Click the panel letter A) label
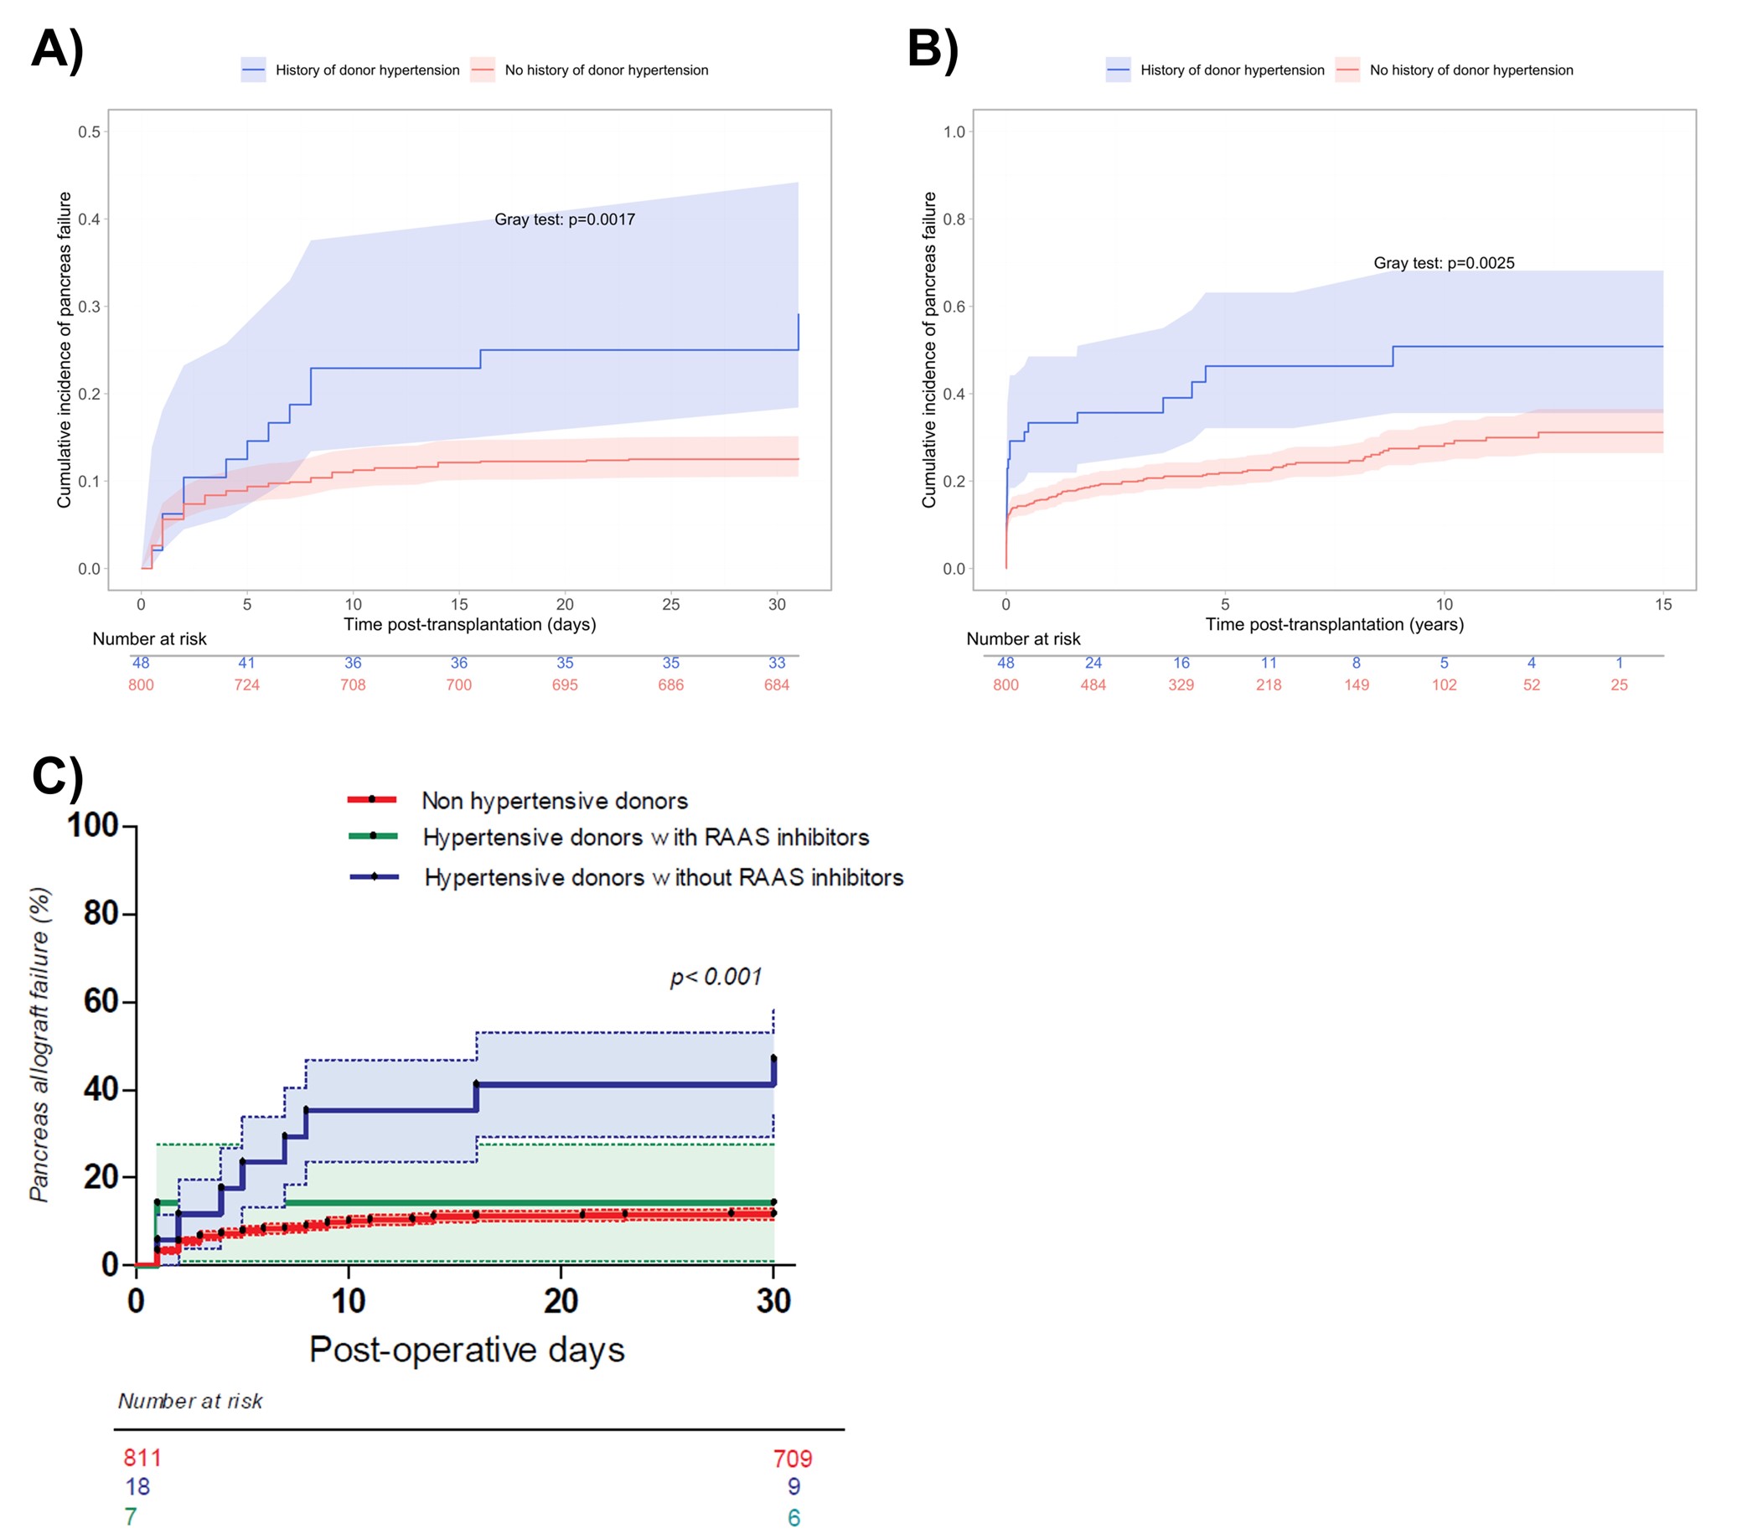coord(57,49)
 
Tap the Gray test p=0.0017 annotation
coord(564,219)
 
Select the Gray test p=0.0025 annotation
coord(1444,263)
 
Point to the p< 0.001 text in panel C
coord(716,977)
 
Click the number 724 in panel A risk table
coord(246,685)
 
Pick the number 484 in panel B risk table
coord(1093,685)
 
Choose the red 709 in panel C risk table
coord(793,1459)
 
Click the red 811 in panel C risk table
coord(142,1458)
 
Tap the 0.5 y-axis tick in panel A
coord(90,132)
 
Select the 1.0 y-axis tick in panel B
coord(954,132)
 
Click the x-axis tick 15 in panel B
coord(1662,605)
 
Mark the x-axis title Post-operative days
coord(466,1350)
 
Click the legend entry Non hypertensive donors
coord(554,801)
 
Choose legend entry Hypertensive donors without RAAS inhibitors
coord(663,878)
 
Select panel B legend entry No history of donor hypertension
coord(1471,70)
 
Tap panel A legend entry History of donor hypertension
coord(366,70)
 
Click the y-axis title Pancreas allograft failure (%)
coord(39,1045)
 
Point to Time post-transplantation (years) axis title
coord(1334,625)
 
